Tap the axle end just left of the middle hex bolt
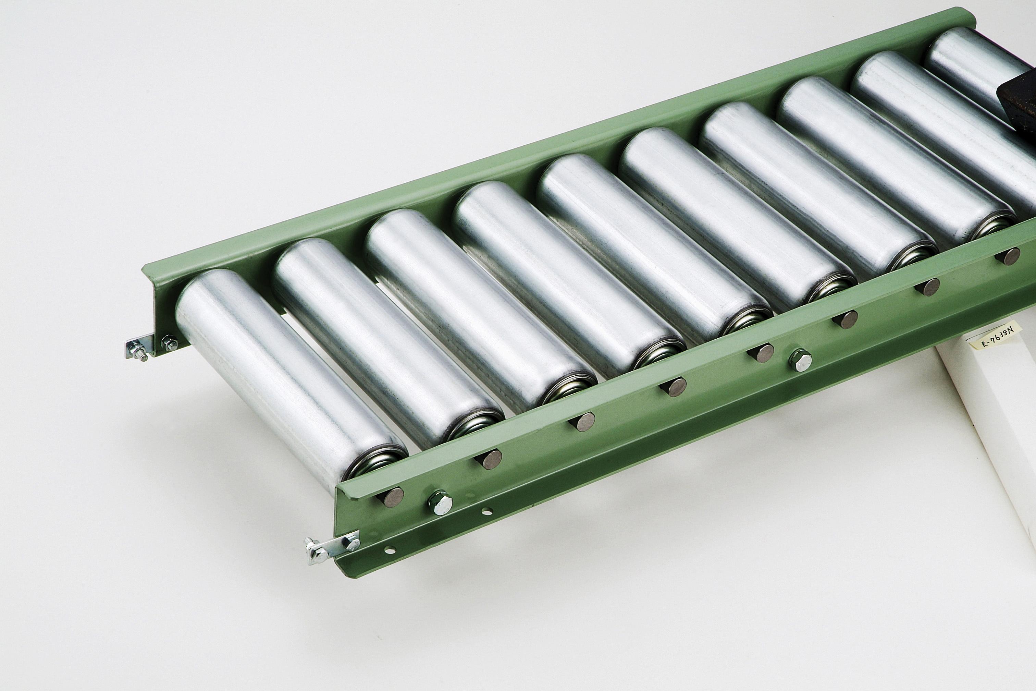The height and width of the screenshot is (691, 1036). coord(761,353)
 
